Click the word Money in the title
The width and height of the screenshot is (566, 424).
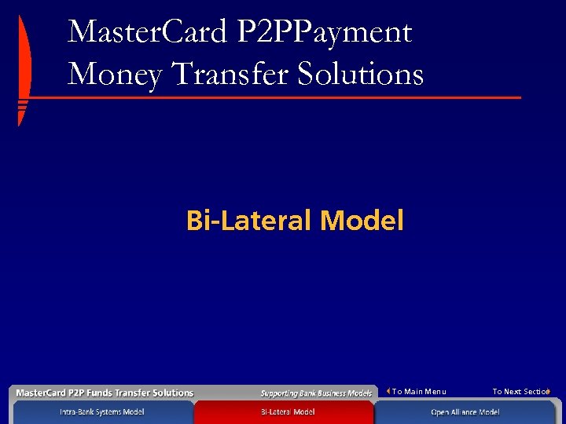[x=111, y=75]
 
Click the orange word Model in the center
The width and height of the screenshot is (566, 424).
[x=362, y=221]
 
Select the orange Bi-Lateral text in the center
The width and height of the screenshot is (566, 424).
[x=249, y=221]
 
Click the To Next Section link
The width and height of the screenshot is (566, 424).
[x=520, y=391]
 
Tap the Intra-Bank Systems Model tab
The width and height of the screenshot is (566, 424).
[x=102, y=412]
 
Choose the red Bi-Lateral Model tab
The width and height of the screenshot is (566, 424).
[x=288, y=412]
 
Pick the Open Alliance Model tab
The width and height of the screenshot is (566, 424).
[x=465, y=412]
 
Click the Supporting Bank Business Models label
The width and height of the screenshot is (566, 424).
[x=316, y=393]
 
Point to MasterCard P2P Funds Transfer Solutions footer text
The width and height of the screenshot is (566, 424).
[x=105, y=393]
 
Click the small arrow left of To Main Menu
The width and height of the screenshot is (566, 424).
[x=388, y=391]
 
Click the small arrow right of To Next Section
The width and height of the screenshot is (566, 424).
[x=548, y=391]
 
